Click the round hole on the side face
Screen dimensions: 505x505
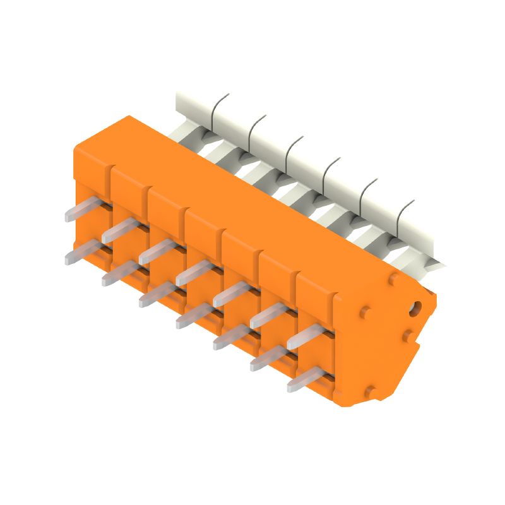[415, 308]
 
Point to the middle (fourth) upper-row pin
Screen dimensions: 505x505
[192, 273]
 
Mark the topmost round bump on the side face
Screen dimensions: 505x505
[393, 277]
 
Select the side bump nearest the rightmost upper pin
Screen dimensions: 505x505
[364, 312]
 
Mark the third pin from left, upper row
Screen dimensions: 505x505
[155, 251]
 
